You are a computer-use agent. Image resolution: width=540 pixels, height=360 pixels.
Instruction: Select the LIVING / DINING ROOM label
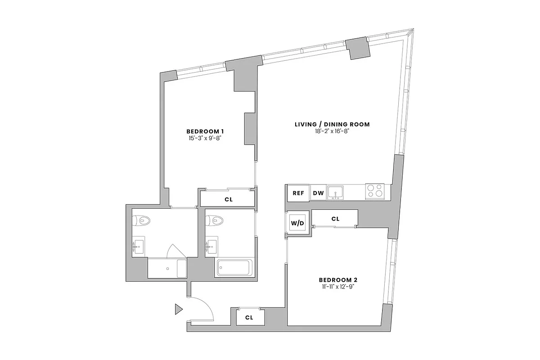tap(332, 124)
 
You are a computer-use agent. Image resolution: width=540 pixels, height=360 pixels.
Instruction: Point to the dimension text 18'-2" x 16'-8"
tap(332, 131)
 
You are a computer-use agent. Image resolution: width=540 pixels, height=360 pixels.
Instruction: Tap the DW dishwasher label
tap(318, 193)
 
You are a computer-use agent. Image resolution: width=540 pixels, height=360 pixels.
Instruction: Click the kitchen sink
tap(335, 193)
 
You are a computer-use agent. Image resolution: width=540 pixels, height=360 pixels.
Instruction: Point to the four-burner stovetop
tap(374, 191)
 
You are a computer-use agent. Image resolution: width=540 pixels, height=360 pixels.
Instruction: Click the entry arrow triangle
tap(179, 309)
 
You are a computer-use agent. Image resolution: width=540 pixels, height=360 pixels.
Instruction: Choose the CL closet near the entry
tap(249, 317)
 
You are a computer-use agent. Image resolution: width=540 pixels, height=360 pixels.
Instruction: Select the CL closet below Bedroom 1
tap(228, 198)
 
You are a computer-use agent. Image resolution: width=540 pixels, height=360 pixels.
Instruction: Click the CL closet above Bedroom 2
tap(335, 219)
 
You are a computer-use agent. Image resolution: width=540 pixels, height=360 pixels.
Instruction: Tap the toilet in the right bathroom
tap(214, 220)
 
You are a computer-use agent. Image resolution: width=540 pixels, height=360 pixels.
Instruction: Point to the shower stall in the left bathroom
tap(167, 269)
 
